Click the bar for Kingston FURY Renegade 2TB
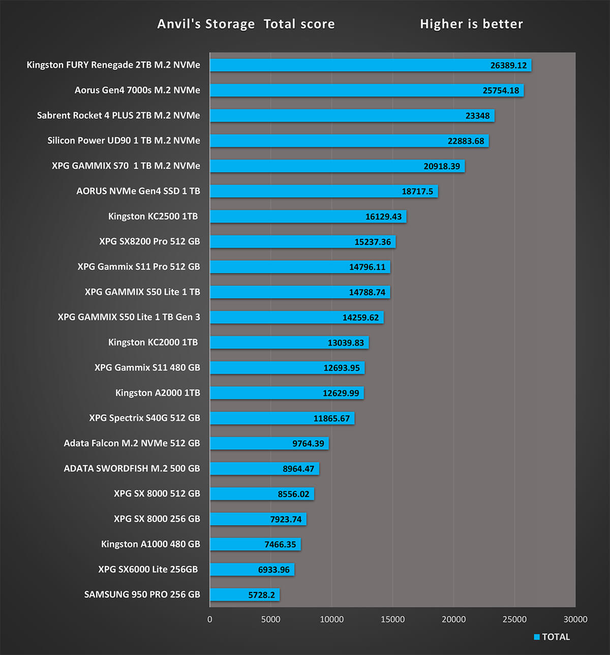point(370,65)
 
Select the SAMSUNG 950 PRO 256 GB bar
point(245,595)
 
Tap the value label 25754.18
point(501,90)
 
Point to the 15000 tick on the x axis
point(392,619)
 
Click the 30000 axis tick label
point(575,619)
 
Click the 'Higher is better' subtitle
point(471,24)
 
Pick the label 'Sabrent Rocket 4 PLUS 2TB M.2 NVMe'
point(118,115)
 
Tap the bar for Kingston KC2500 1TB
point(308,216)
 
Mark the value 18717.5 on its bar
point(417,191)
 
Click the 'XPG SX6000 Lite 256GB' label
point(148,569)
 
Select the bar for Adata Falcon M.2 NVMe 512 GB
point(269,443)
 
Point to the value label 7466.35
point(280,544)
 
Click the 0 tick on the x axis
point(210,619)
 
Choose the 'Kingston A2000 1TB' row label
point(158,393)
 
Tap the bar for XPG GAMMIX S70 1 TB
point(337,166)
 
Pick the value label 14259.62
point(360,317)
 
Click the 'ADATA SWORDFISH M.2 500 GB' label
point(132,469)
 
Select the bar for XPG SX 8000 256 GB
point(258,519)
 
